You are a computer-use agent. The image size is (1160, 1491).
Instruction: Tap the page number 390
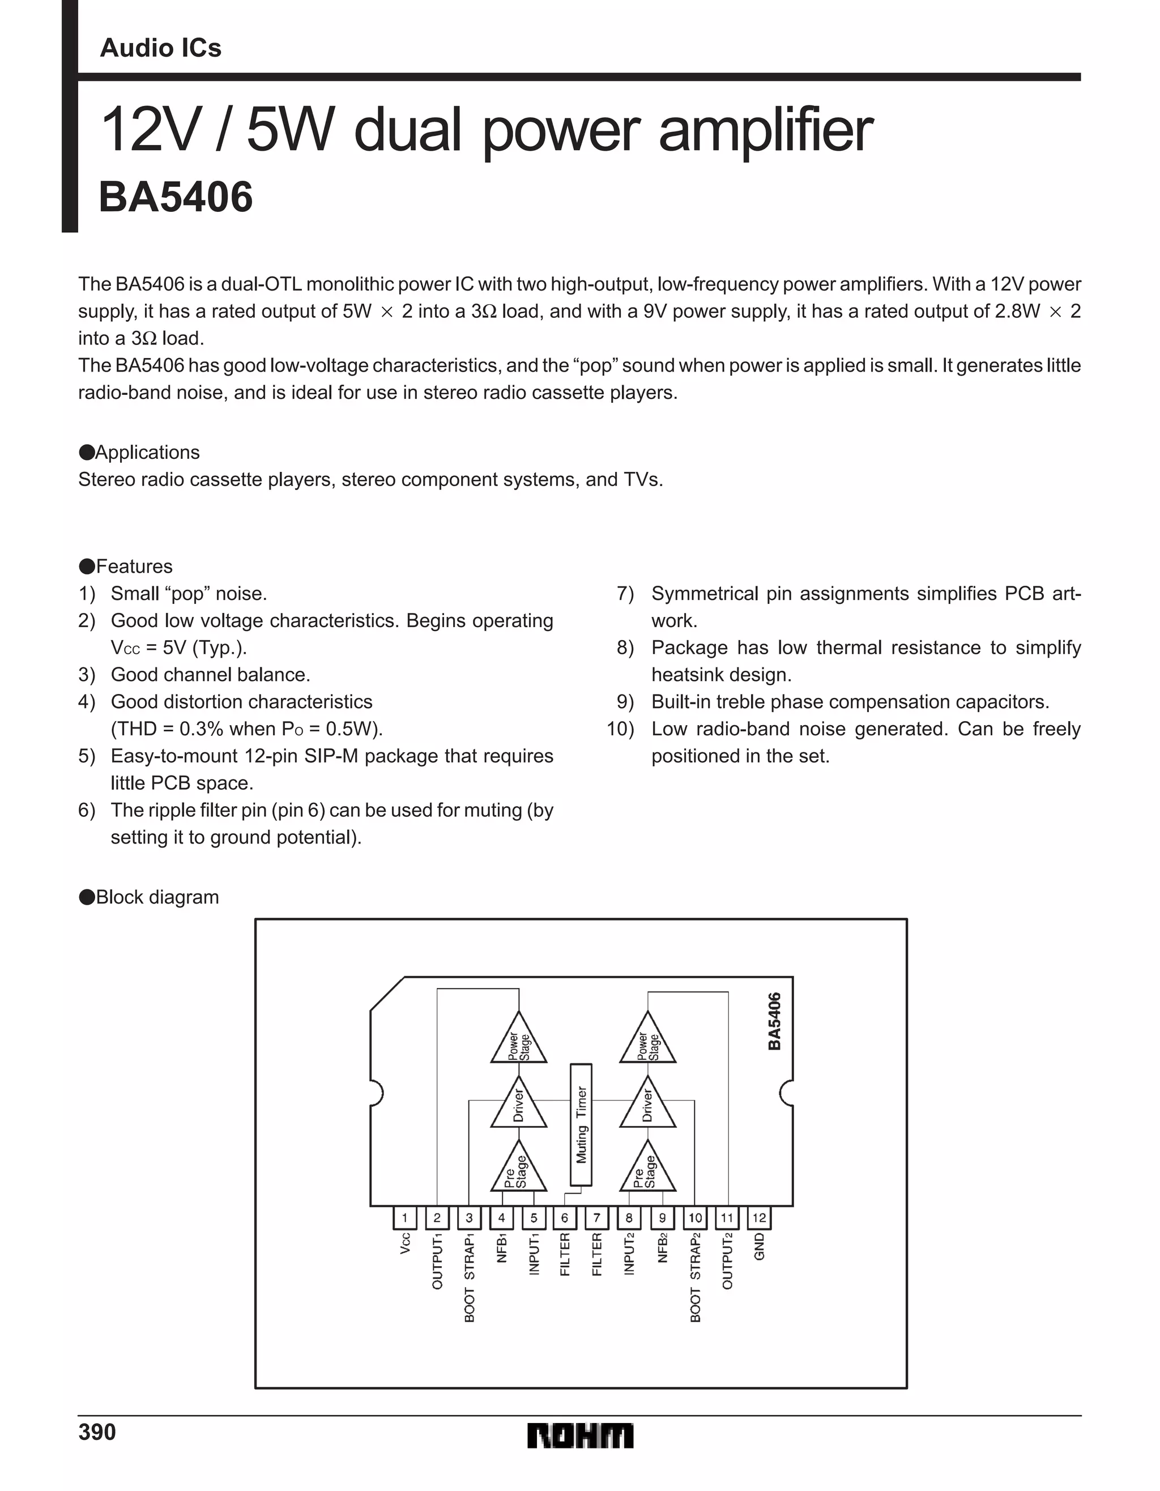(x=97, y=1432)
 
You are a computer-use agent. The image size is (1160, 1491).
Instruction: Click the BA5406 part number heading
(x=176, y=197)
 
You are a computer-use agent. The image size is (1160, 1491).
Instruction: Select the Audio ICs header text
(x=160, y=48)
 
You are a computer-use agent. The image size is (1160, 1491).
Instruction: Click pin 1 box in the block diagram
(x=405, y=1217)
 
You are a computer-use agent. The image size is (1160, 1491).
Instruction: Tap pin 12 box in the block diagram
(x=759, y=1217)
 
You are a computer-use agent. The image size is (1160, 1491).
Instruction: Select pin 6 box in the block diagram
(x=565, y=1217)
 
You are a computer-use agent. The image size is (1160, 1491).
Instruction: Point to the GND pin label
(x=759, y=1247)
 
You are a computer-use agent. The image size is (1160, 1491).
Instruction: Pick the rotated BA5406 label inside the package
(x=774, y=1021)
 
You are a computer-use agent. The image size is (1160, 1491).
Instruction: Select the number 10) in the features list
(x=620, y=729)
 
